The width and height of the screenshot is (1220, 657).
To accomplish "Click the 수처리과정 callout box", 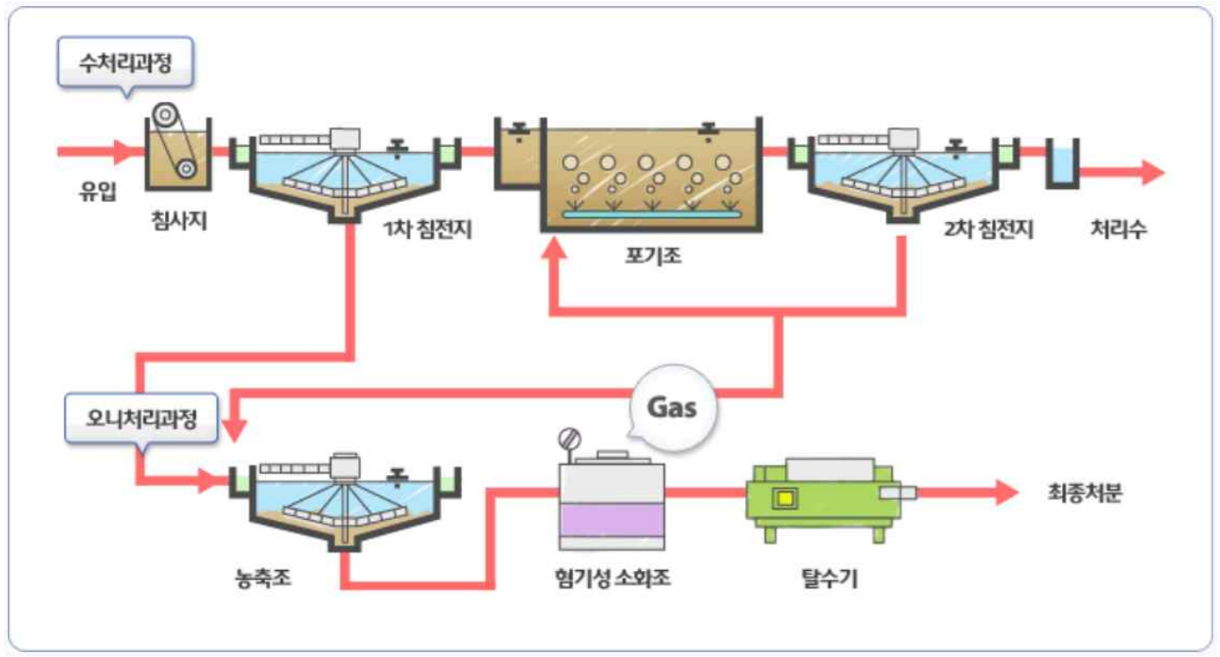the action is [x=126, y=62].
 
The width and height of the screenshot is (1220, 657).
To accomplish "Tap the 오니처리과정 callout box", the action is [x=141, y=419].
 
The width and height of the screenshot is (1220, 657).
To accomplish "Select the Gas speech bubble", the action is [x=672, y=408].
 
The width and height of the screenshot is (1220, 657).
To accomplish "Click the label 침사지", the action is [x=179, y=220].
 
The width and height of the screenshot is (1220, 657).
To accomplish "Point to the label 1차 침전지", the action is [x=427, y=228].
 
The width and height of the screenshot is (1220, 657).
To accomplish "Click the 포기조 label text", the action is [x=653, y=256].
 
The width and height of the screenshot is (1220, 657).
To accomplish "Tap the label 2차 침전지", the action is [x=988, y=229].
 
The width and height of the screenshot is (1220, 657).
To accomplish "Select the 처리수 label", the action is [x=1118, y=229].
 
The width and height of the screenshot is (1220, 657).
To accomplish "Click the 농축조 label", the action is [x=262, y=577].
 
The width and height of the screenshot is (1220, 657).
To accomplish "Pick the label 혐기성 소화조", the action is [x=612, y=577].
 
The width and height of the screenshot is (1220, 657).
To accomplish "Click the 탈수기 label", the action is [x=829, y=578].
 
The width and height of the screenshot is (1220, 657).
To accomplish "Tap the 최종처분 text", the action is [x=1085, y=493].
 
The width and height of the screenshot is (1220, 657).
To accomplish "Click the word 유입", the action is [x=97, y=191].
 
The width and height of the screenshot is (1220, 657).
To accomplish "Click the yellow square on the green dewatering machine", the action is [x=785, y=498].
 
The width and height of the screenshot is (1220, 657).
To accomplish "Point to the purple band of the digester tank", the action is [x=612, y=520].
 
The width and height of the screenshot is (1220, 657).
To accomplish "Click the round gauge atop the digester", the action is [x=570, y=438].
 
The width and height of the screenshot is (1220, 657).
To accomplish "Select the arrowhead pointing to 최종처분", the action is [x=1007, y=493].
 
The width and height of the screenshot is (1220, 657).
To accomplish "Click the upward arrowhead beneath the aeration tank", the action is [x=555, y=248].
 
